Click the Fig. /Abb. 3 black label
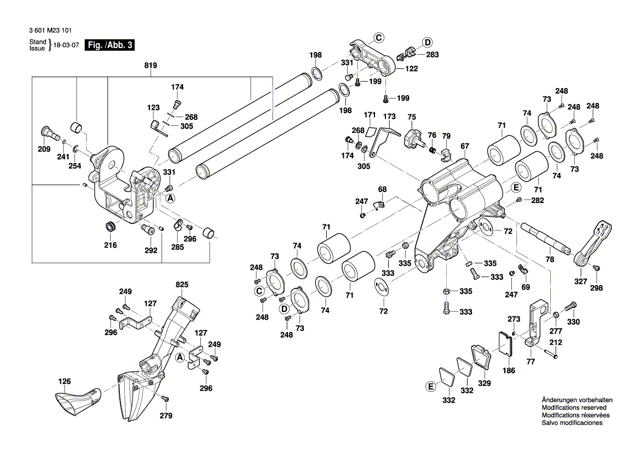(x=110, y=45)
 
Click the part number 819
(x=151, y=66)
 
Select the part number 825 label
(x=182, y=285)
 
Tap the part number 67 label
(x=465, y=146)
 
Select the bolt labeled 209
(x=47, y=132)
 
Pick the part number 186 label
(x=509, y=370)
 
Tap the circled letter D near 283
(x=427, y=42)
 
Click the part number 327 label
(x=580, y=281)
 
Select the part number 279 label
(x=166, y=416)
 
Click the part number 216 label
(x=111, y=245)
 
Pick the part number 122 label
(x=411, y=69)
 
